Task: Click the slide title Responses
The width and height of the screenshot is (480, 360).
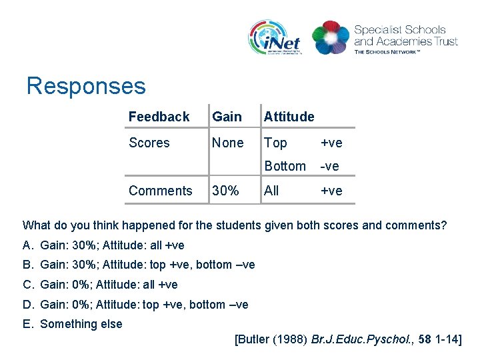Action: [85, 86]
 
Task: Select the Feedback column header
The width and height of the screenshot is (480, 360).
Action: [159, 117]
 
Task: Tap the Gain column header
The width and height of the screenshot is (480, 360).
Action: [227, 117]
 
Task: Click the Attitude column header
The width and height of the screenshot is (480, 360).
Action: [289, 117]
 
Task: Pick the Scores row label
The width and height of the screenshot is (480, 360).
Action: [149, 143]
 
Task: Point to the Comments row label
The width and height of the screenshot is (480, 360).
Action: [160, 191]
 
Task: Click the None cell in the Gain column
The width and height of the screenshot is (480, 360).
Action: [227, 143]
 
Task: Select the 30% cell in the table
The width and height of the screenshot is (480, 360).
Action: [225, 191]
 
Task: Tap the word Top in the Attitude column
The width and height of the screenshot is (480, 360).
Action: [275, 143]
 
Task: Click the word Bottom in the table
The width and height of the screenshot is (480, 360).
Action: [285, 166]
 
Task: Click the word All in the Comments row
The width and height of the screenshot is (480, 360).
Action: [271, 191]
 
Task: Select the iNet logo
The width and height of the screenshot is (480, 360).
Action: [275, 38]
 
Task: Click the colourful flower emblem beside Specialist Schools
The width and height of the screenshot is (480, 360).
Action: [331, 38]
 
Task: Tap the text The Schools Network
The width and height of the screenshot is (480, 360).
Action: [387, 51]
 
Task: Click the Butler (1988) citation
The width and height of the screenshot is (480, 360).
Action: [348, 339]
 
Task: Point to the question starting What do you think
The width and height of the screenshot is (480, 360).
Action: [235, 225]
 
